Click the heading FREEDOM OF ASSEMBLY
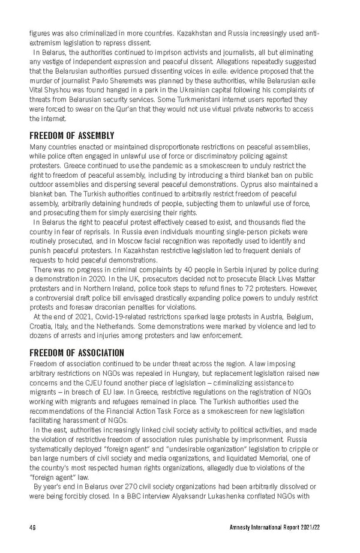71,136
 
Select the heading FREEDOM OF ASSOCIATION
76,353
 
